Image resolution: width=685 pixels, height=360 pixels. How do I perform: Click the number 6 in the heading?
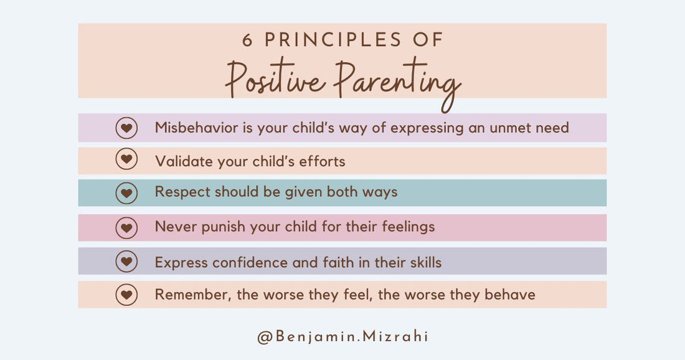click(x=248, y=40)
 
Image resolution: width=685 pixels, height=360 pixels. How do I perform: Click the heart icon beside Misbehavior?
click(x=126, y=128)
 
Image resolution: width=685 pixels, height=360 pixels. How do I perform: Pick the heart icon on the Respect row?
click(x=126, y=193)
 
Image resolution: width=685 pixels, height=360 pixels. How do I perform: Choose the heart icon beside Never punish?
click(x=126, y=228)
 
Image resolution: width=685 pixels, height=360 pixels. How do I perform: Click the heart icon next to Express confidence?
click(x=126, y=262)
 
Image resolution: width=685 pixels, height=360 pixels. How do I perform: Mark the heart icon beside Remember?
click(x=126, y=295)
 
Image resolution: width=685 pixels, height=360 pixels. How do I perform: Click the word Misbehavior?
click(x=195, y=128)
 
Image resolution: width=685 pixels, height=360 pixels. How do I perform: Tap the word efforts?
click(x=321, y=161)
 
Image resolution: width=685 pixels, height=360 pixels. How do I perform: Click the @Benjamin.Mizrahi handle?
click(x=342, y=336)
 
